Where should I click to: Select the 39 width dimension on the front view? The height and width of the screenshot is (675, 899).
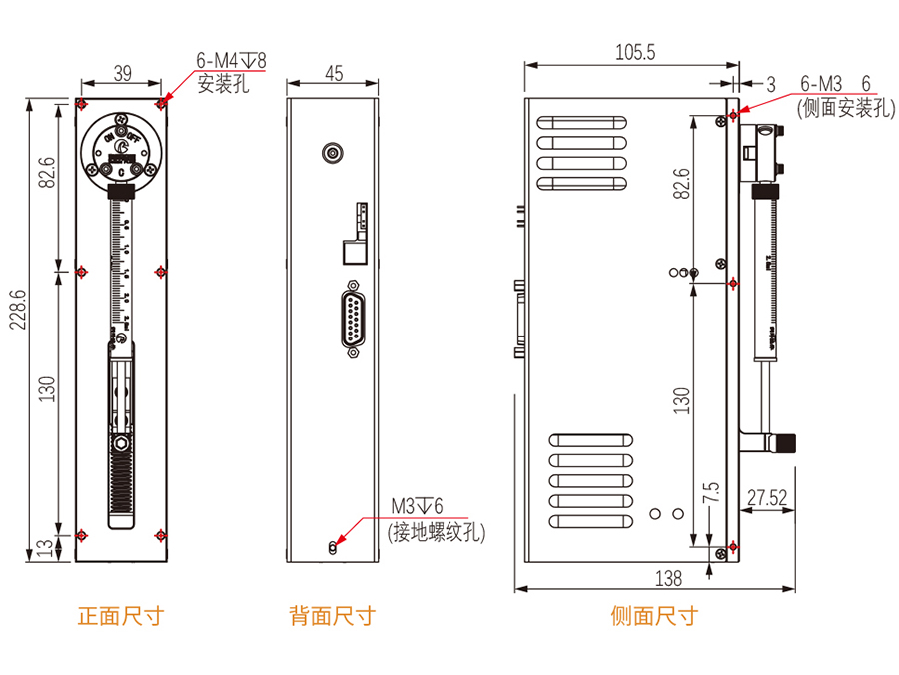coord(122,72)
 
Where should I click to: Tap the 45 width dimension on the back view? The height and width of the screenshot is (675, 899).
coord(334,72)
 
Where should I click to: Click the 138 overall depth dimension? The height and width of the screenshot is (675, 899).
coord(668,577)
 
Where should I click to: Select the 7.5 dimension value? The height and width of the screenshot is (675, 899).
coord(711,493)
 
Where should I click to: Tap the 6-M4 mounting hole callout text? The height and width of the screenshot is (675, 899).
coord(232,61)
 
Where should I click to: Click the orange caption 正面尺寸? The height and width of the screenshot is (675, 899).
coord(120,615)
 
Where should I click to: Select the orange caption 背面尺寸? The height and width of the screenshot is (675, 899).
coord(332,615)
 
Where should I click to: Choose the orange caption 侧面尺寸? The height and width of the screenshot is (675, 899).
coord(654,615)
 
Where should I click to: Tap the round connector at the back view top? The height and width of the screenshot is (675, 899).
coord(332,153)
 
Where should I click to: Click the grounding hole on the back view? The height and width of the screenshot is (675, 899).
coord(333,546)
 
